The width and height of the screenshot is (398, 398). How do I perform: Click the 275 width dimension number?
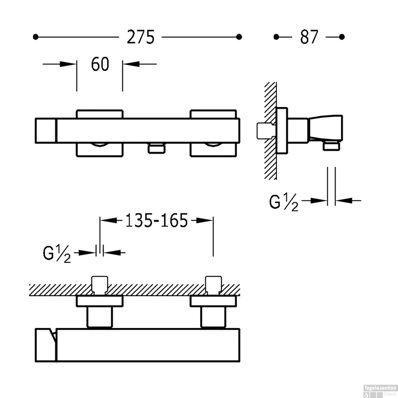(x=141, y=37)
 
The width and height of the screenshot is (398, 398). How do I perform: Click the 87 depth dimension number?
(x=309, y=37)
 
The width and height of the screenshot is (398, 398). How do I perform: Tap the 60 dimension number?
(x=100, y=64)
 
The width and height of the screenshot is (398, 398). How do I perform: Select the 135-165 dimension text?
(x=157, y=220)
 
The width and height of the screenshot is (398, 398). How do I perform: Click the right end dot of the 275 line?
(x=239, y=37)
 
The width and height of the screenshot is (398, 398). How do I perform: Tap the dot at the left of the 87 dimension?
(x=276, y=37)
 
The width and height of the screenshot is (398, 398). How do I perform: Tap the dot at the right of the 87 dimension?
(x=342, y=37)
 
